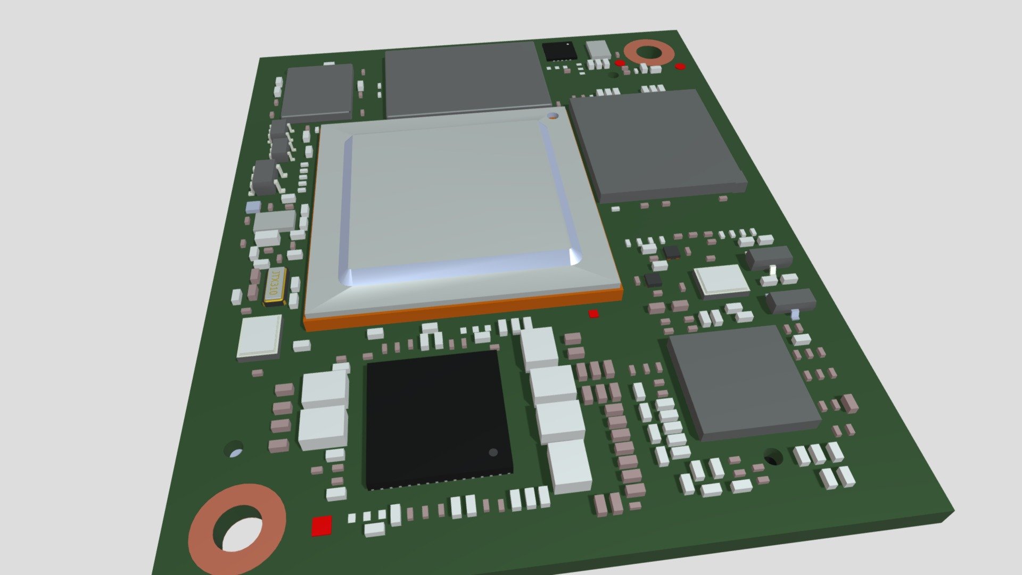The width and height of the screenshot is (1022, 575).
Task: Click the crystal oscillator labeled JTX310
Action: (x=275, y=286)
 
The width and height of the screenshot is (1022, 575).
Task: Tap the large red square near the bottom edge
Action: (x=322, y=525)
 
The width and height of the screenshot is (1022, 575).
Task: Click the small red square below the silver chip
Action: (x=594, y=314)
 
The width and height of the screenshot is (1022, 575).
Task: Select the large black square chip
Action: (x=439, y=419)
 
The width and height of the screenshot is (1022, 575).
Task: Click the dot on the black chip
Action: (x=493, y=453)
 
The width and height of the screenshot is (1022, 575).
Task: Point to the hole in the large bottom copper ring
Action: (x=243, y=534)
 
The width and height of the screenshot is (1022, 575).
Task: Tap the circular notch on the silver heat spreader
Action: (x=554, y=115)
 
